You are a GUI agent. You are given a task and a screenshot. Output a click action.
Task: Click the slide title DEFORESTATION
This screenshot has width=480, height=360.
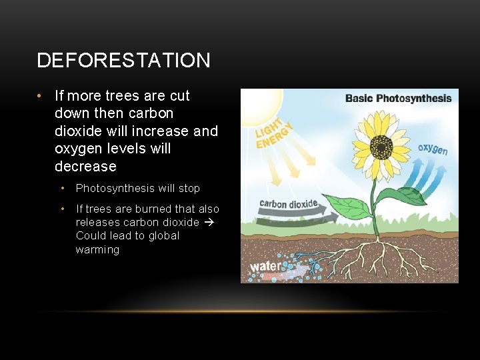[x=123, y=61]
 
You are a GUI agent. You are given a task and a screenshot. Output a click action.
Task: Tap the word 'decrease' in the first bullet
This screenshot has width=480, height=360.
[x=85, y=167]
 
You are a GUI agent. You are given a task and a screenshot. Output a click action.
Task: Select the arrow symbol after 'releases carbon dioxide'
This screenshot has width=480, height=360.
[x=208, y=223]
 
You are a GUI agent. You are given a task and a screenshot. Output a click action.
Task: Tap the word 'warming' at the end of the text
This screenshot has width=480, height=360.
[x=97, y=250]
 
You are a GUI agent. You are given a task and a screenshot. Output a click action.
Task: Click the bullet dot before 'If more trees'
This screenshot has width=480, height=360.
[x=41, y=96]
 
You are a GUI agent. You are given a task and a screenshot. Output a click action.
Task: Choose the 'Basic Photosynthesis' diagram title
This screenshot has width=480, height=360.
[x=398, y=99]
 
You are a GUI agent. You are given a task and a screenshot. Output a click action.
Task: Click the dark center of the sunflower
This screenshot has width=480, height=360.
[x=381, y=146]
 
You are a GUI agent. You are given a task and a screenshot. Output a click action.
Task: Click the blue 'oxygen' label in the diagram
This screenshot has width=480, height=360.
[x=433, y=148]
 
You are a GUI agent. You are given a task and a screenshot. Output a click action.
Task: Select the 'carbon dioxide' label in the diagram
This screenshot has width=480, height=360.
[x=288, y=203]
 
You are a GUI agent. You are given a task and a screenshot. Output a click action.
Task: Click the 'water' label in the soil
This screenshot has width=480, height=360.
[x=266, y=267]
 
